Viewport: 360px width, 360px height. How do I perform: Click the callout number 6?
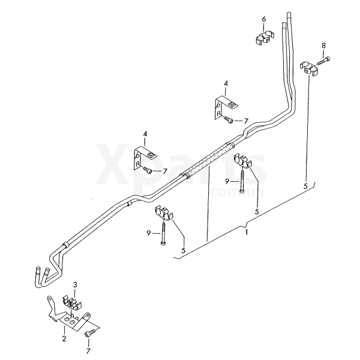[x=264, y=19]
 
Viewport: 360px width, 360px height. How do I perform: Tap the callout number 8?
[x=323, y=46]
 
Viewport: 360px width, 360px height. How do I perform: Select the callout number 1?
[x=247, y=232]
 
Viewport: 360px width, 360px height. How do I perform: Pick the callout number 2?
[x=64, y=338]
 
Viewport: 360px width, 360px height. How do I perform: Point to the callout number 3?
[x=75, y=285]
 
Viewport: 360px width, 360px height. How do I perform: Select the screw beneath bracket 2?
[x=91, y=332]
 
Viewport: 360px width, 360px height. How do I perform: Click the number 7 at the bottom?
[x=88, y=351]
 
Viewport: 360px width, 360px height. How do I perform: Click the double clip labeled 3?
[x=72, y=303]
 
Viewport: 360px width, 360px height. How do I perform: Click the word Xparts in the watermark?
[x=181, y=163]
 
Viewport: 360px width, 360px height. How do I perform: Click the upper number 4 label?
[x=226, y=83]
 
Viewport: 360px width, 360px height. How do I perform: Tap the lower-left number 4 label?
[x=145, y=134]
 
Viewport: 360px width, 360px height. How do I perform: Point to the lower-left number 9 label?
[x=149, y=233]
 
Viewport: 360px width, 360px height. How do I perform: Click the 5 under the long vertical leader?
[x=305, y=186]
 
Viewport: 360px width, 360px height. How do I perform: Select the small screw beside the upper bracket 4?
[x=228, y=119]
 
